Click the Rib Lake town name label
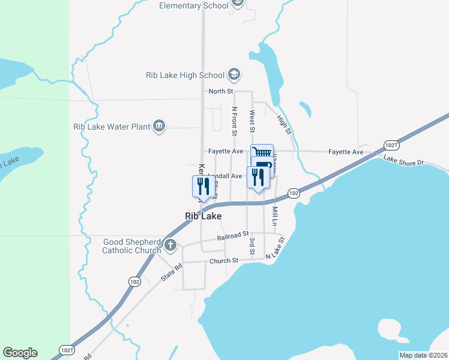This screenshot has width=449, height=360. (x=203, y=216)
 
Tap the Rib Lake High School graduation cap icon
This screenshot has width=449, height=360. (x=234, y=75)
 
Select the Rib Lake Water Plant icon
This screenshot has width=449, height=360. (x=159, y=126)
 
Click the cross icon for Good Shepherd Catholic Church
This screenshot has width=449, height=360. (x=170, y=245)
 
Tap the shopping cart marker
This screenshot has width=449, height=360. (x=262, y=154)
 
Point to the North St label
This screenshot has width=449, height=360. (x=220, y=91)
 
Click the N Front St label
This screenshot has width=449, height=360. (x=235, y=121)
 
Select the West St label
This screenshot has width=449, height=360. (x=253, y=121)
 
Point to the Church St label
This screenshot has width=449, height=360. (x=224, y=261)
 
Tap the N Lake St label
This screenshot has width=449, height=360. (x=275, y=248)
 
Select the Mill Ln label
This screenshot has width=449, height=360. (x=275, y=217)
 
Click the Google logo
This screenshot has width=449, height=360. (x=20, y=353)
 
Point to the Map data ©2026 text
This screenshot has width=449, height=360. (x=423, y=355)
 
